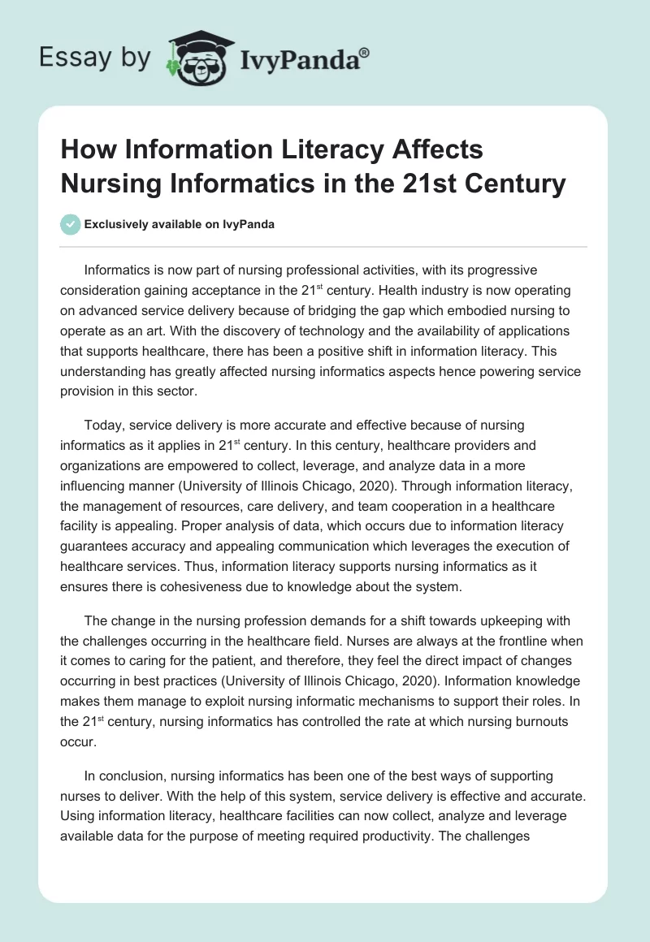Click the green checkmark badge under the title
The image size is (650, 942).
(71, 224)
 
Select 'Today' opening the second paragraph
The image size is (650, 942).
(103, 425)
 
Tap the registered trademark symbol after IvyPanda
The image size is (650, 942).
(365, 51)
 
